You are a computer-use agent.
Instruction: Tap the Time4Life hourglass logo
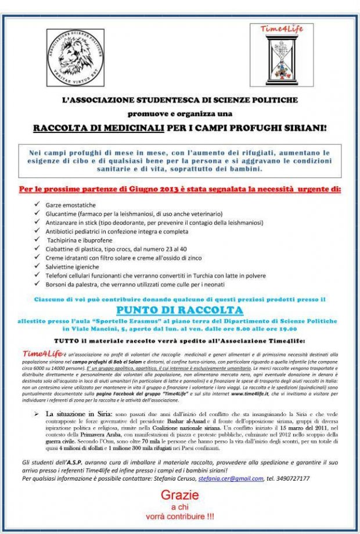pos(281,55)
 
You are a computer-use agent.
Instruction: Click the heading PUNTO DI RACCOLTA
pos(179,309)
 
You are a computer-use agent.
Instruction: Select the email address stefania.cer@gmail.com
pos(231,478)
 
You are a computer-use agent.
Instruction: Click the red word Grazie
pos(179,495)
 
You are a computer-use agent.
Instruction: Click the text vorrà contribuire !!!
pos(179,515)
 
